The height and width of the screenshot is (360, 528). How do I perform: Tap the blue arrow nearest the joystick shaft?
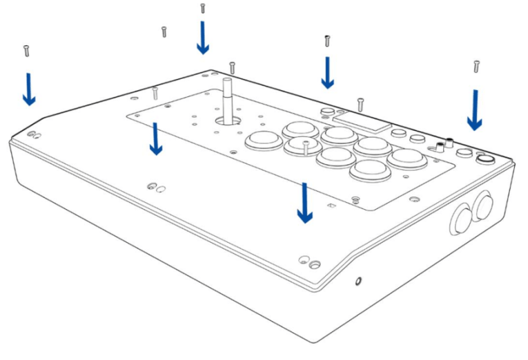pos(202,38)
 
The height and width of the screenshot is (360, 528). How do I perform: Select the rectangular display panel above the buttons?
pos(360,121)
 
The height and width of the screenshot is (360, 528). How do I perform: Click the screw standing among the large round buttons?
pos(305,148)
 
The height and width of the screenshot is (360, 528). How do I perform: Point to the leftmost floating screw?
pos(26,51)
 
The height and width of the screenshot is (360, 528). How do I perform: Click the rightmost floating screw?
pos(476,66)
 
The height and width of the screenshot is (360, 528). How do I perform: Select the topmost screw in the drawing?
pos(202,8)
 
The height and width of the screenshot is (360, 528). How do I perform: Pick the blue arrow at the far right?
pos(475,110)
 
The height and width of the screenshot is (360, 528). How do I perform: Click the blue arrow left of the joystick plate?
pos(155,139)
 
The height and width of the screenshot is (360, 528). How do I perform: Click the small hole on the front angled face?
pos(358,282)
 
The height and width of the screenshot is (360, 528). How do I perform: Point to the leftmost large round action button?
pos(263,139)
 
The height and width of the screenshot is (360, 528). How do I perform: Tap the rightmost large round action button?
pos(407,157)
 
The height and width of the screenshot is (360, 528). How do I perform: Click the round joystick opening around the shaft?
pos(229,120)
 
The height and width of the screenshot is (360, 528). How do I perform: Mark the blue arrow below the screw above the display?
pos(328,73)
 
